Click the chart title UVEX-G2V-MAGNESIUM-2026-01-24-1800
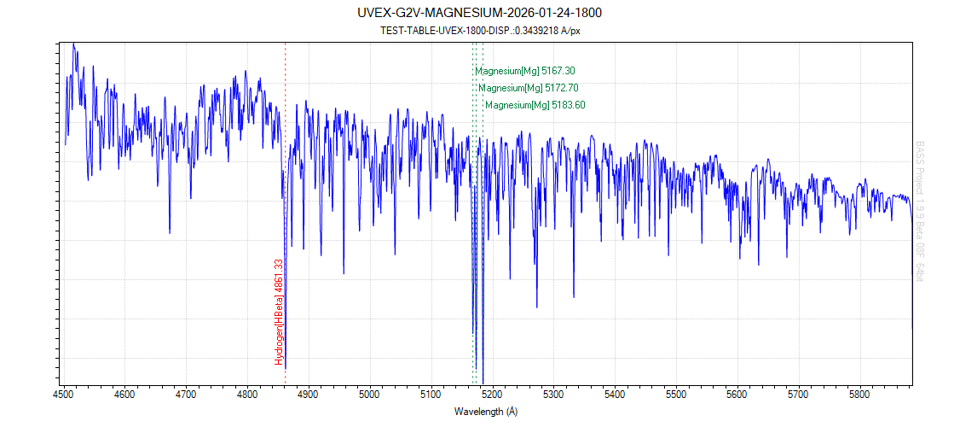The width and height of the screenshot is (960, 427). click(x=480, y=13)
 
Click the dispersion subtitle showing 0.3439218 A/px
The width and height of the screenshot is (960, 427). click(x=480, y=30)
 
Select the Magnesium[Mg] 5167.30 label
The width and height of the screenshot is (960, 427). click(x=531, y=71)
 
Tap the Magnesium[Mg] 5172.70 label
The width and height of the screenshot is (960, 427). click(x=535, y=88)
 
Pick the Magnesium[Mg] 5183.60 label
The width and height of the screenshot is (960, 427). click(x=535, y=105)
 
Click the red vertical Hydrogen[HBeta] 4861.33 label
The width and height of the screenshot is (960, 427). click(x=278, y=312)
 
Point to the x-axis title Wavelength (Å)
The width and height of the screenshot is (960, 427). click(x=486, y=412)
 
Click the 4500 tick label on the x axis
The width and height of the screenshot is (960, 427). click(x=63, y=395)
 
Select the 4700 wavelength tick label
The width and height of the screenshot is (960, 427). click(x=186, y=395)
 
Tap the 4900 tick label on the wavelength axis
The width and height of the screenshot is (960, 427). click(x=308, y=395)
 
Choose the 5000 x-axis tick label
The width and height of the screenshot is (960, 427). click(x=369, y=395)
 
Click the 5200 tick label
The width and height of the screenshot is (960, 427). click(x=492, y=395)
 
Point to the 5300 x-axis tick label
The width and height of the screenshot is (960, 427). click(x=553, y=395)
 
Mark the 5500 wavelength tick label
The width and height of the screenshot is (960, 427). click(x=676, y=395)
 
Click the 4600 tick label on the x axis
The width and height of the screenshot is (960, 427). click(x=124, y=395)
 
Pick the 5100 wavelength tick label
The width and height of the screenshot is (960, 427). click(x=431, y=395)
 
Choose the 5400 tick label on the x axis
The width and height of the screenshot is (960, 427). click(x=615, y=395)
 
